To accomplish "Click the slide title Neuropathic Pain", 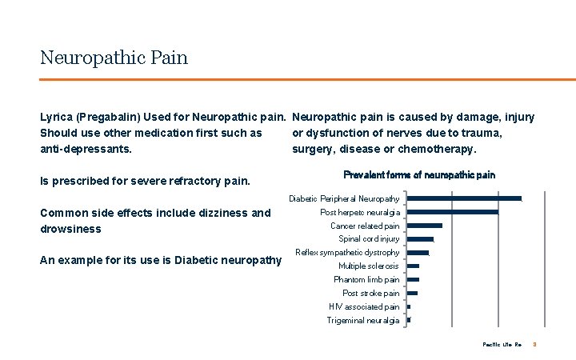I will (x=114, y=58).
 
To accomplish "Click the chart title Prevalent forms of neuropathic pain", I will (x=418, y=174).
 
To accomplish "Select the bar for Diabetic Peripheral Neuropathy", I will (x=464, y=198).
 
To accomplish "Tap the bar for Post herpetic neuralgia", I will (x=452, y=212).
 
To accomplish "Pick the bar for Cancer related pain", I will (x=424, y=226).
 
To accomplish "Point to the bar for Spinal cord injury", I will (x=420, y=239).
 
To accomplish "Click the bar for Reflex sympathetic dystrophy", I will (x=418, y=253).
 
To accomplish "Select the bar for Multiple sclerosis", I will (x=413, y=266).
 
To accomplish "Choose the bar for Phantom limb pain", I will (x=413, y=279).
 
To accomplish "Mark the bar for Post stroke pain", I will (x=412, y=293).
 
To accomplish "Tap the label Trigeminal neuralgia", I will (x=363, y=320).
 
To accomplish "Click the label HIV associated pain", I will (x=364, y=306).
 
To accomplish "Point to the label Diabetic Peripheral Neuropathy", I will (x=344, y=198).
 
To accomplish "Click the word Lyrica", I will (x=55, y=118).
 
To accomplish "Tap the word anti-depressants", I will (x=86, y=149).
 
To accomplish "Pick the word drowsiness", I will (x=70, y=229).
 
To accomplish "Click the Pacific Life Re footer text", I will (x=502, y=344).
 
